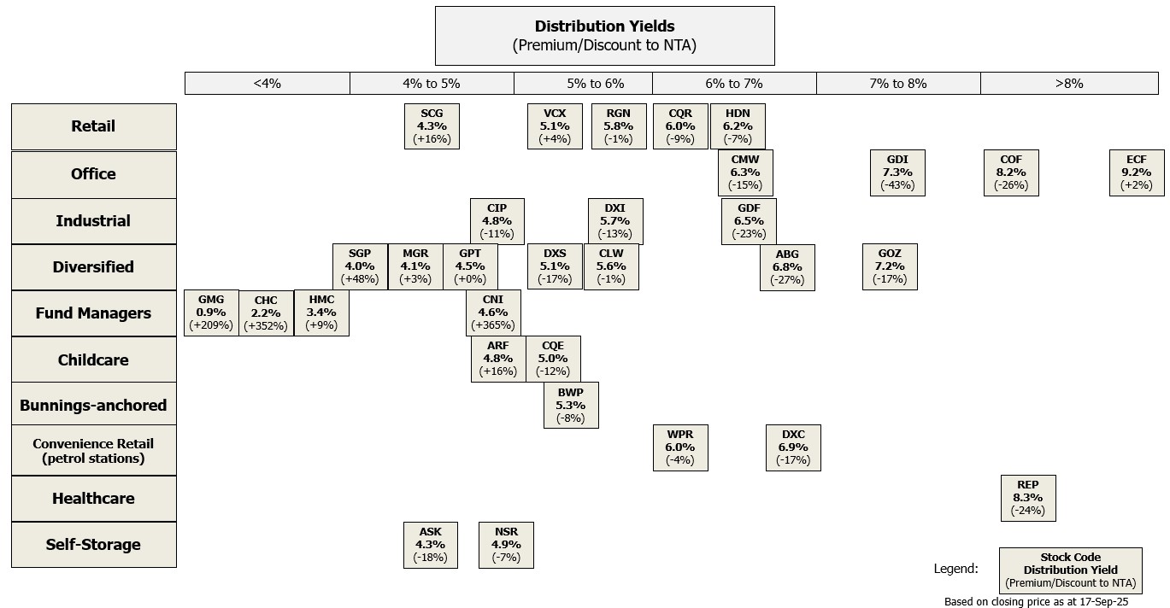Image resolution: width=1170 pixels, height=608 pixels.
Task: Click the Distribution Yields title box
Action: click(604, 36)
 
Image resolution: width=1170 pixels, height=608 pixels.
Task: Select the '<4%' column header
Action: click(267, 83)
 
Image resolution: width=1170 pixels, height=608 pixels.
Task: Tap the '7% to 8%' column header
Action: click(897, 83)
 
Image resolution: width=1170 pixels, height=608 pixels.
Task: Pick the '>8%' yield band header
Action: click(1068, 83)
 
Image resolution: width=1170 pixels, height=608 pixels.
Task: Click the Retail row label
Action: click(93, 126)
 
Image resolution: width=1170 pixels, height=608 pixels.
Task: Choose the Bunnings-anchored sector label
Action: click(93, 406)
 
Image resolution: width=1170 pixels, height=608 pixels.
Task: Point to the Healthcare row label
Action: click(93, 499)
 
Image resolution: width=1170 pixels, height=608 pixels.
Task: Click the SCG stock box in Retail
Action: click(432, 126)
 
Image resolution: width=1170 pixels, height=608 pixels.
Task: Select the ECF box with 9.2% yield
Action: click(1137, 172)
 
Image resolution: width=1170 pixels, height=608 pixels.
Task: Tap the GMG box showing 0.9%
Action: click(211, 313)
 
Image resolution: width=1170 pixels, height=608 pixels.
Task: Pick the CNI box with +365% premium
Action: click(493, 313)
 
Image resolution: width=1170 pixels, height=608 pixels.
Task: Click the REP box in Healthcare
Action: click(1028, 498)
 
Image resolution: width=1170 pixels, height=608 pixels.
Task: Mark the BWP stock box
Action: click(571, 405)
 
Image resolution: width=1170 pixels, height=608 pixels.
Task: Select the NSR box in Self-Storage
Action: click(506, 545)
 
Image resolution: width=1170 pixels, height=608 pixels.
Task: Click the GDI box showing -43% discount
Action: click(897, 172)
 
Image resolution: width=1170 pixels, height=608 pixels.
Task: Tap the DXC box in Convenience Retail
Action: click(793, 447)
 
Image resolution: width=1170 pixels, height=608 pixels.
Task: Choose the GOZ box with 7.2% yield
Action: click(890, 266)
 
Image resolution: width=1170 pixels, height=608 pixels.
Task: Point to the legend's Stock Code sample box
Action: click(1070, 570)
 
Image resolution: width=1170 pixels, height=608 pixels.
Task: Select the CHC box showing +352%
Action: click(266, 313)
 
